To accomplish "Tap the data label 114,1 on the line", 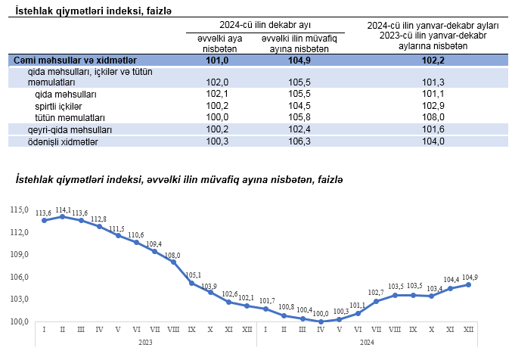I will [64, 209].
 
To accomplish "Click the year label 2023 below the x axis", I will [146, 343].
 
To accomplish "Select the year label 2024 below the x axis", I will [368, 343].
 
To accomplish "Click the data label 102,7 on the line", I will [376, 293].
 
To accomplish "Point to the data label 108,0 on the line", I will [173, 256].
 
